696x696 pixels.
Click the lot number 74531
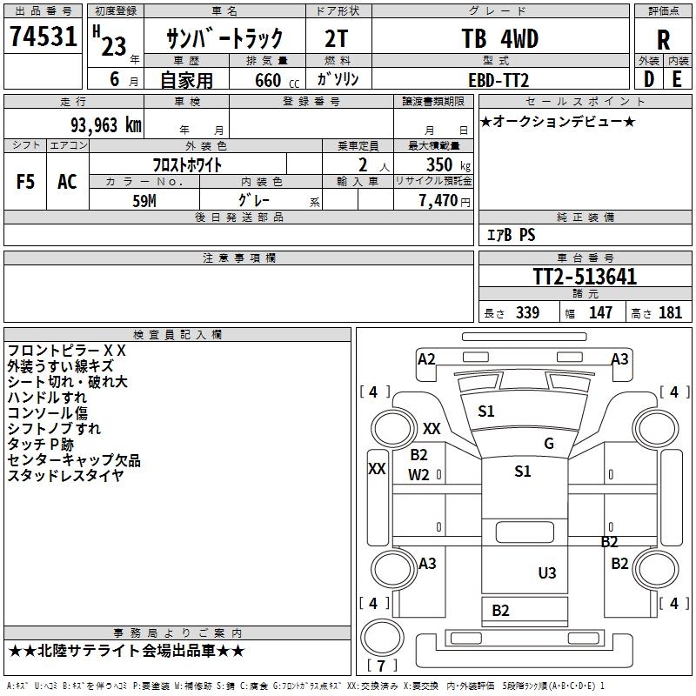43,37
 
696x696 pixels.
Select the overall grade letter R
663,40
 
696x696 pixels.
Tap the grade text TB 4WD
499,39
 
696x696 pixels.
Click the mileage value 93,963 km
105,125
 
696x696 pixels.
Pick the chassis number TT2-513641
585,278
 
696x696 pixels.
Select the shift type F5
26,181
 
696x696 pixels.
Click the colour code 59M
144,199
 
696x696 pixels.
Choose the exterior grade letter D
648,79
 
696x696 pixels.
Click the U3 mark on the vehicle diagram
546,573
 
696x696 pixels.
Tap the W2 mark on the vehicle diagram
419,474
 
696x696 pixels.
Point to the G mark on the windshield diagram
549,444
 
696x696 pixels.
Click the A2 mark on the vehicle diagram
426,359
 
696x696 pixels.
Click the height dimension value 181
671,313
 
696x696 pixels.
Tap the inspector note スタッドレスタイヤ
65,475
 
